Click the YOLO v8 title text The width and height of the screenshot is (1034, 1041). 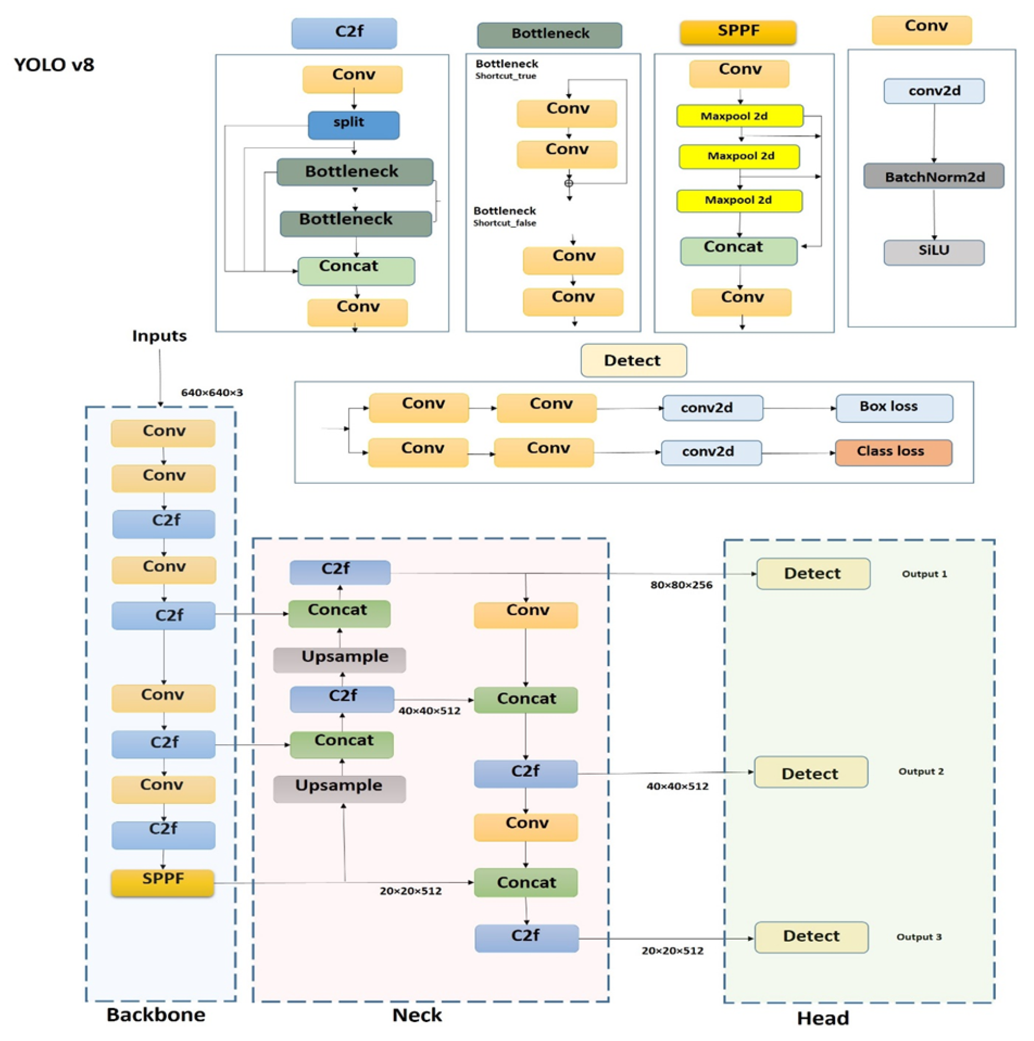pyautogui.click(x=54, y=65)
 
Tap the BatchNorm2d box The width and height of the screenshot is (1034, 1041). pyautogui.click(x=933, y=176)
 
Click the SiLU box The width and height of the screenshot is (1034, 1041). pyautogui.click(x=933, y=252)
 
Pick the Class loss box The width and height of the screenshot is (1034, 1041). pyautogui.click(x=893, y=452)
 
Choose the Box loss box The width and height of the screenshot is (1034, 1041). pyautogui.click(x=893, y=408)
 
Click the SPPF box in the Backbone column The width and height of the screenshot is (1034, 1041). pyautogui.click(x=162, y=882)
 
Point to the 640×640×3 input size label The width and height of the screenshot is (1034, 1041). pyautogui.click(x=212, y=393)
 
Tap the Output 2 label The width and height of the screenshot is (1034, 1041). pyautogui.click(x=920, y=771)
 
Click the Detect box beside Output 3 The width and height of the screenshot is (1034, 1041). pyautogui.click(x=811, y=936)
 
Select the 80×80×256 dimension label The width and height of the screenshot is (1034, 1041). pyautogui.click(x=680, y=585)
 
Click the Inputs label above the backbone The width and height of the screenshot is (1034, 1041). pyautogui.click(x=159, y=336)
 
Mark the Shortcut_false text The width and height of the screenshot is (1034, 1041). pyautogui.click(x=504, y=223)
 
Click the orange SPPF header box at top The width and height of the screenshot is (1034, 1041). pyautogui.click(x=738, y=32)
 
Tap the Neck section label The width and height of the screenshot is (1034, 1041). pyautogui.click(x=417, y=1014)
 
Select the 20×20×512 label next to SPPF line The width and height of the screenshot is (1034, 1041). pyautogui.click(x=410, y=891)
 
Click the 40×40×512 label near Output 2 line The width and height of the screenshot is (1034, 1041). pyautogui.click(x=677, y=786)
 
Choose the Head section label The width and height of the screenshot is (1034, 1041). pyautogui.click(x=822, y=1018)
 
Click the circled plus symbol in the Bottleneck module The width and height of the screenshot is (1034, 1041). pyautogui.click(x=569, y=183)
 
